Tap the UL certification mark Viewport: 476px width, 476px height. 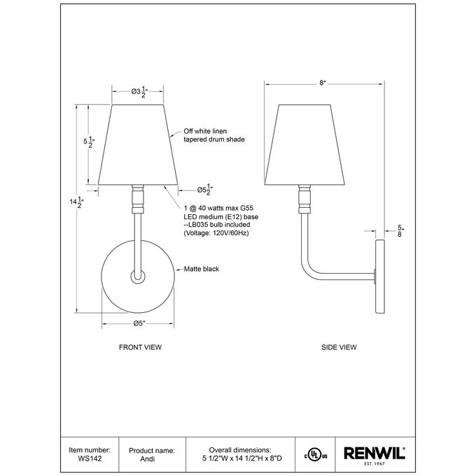coord(316,456)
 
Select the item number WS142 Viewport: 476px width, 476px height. coord(90,458)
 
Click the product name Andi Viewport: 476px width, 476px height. coord(148,458)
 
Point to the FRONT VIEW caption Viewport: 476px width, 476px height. coord(140,347)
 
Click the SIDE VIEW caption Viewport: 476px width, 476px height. coord(339,347)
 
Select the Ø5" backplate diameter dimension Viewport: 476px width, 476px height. coord(139,323)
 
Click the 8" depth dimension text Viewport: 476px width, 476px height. coord(323,83)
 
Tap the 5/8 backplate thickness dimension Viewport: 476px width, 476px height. coord(400,231)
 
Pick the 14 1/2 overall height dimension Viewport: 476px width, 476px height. coord(76,202)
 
